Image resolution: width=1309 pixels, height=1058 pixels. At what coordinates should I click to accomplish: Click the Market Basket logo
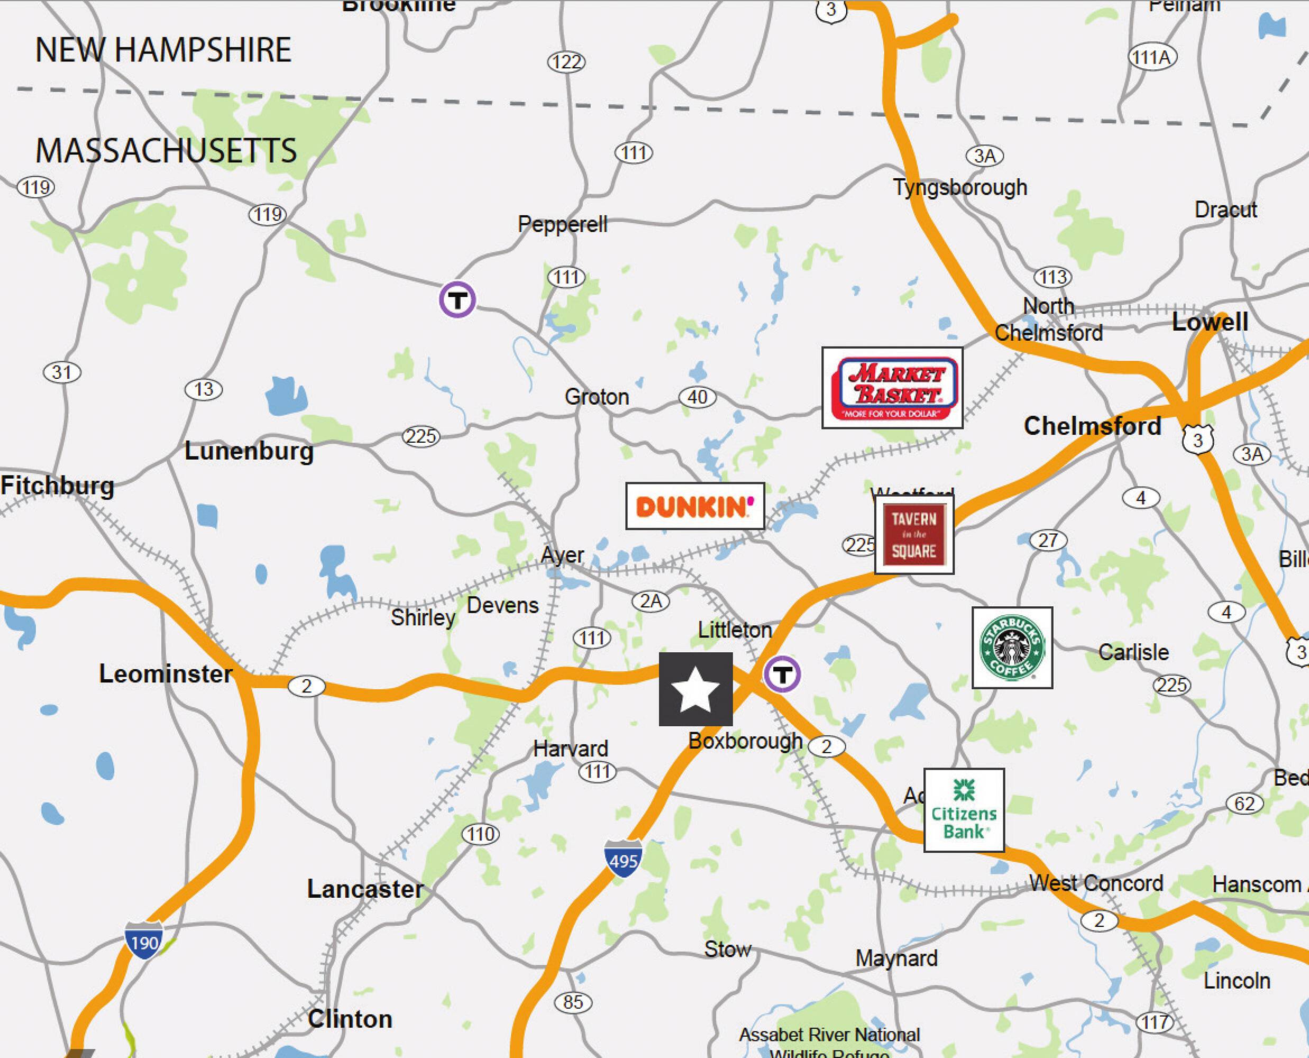(x=892, y=388)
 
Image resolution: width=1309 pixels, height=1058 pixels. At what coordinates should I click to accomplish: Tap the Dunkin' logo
(x=695, y=506)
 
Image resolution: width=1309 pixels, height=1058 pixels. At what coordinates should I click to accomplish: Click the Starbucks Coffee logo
(x=1012, y=647)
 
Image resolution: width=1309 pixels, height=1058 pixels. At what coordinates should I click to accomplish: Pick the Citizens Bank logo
(x=964, y=809)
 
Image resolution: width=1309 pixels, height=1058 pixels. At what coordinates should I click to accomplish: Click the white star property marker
(x=695, y=689)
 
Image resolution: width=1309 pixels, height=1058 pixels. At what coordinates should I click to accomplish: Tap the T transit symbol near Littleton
(x=782, y=674)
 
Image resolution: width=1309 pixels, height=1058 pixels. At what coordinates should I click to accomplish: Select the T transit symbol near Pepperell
(x=457, y=299)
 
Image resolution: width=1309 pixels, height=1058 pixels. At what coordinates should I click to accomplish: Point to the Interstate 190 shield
(x=144, y=941)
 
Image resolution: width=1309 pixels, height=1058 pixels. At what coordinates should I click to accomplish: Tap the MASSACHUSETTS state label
(x=166, y=151)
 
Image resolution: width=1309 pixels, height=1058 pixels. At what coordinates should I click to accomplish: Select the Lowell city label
(x=1210, y=322)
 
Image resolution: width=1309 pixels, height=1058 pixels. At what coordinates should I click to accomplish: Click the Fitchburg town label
(x=57, y=486)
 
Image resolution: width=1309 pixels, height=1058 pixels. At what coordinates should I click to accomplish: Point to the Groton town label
(x=597, y=397)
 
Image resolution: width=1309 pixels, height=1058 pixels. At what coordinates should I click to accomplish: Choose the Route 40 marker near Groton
(x=697, y=397)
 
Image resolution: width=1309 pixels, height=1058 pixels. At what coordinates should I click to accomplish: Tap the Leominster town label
(x=166, y=673)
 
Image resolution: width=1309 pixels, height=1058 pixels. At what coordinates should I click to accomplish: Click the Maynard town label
(x=896, y=958)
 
